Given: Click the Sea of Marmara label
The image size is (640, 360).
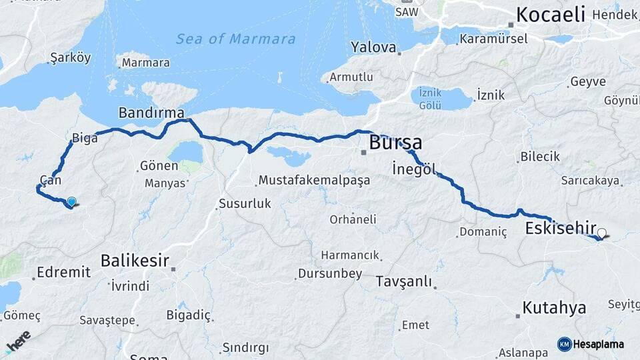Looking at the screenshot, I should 235,39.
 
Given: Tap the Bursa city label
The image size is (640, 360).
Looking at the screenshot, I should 395,143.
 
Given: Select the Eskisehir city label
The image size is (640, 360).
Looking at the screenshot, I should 561,228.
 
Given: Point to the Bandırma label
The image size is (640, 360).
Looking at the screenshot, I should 151,112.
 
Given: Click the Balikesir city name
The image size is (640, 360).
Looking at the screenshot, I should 135,261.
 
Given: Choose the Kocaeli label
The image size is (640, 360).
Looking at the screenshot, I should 550,14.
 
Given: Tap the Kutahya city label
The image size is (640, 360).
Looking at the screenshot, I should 554,307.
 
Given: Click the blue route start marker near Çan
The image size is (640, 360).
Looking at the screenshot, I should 71,201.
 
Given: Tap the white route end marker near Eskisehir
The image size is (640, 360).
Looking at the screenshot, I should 602,233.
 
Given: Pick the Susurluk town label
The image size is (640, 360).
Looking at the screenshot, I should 246,203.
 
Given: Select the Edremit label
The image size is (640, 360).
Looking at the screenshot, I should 63,272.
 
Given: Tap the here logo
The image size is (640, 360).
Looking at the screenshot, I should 19,341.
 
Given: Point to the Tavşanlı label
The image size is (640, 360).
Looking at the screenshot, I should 403,281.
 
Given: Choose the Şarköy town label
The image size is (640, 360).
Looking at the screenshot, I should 70,58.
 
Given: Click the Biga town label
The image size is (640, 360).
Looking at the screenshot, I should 85,139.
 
